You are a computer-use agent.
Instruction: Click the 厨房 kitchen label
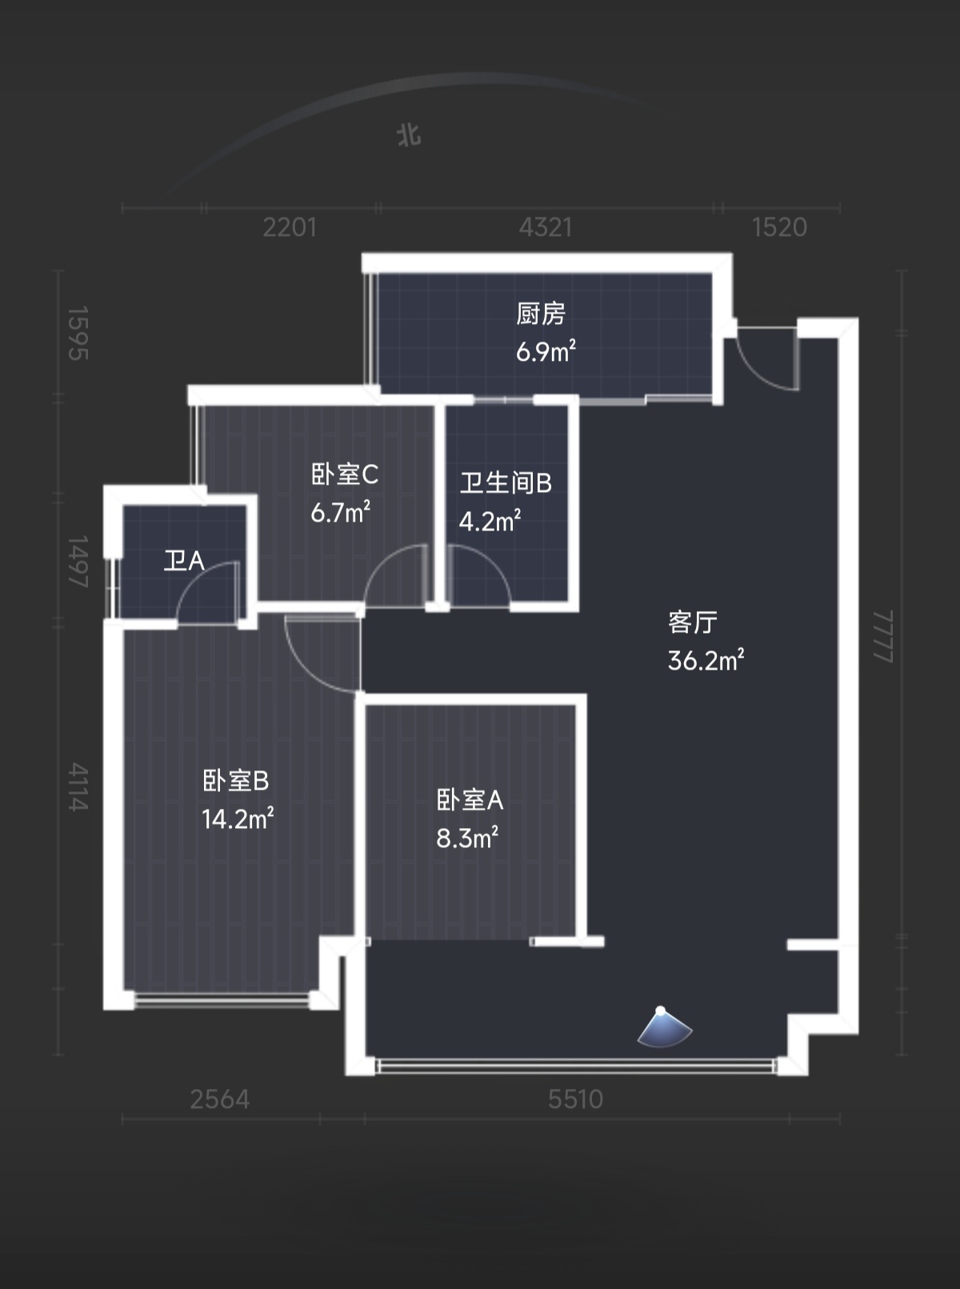point(541,314)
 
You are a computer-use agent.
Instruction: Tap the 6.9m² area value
point(546,351)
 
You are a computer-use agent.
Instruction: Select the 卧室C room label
point(345,474)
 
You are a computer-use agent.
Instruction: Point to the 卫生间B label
point(506,483)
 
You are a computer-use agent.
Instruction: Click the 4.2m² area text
point(490,521)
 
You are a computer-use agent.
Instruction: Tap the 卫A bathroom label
point(184,561)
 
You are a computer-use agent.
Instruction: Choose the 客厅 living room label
point(692,622)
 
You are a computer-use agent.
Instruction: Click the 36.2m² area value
point(706,660)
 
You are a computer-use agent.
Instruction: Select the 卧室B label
point(236,781)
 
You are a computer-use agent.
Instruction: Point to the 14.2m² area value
point(238,819)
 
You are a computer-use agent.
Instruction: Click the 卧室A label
point(470,800)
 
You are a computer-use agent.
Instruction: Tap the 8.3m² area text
point(467,838)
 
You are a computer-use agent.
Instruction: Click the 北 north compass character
point(409,135)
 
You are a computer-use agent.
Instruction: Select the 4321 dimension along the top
point(546,227)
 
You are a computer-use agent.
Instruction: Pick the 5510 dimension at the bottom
point(575,1099)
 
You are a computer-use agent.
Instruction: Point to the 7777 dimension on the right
point(882,636)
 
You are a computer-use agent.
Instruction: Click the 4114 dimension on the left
point(78,787)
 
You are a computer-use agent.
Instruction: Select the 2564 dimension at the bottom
point(220,1099)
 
